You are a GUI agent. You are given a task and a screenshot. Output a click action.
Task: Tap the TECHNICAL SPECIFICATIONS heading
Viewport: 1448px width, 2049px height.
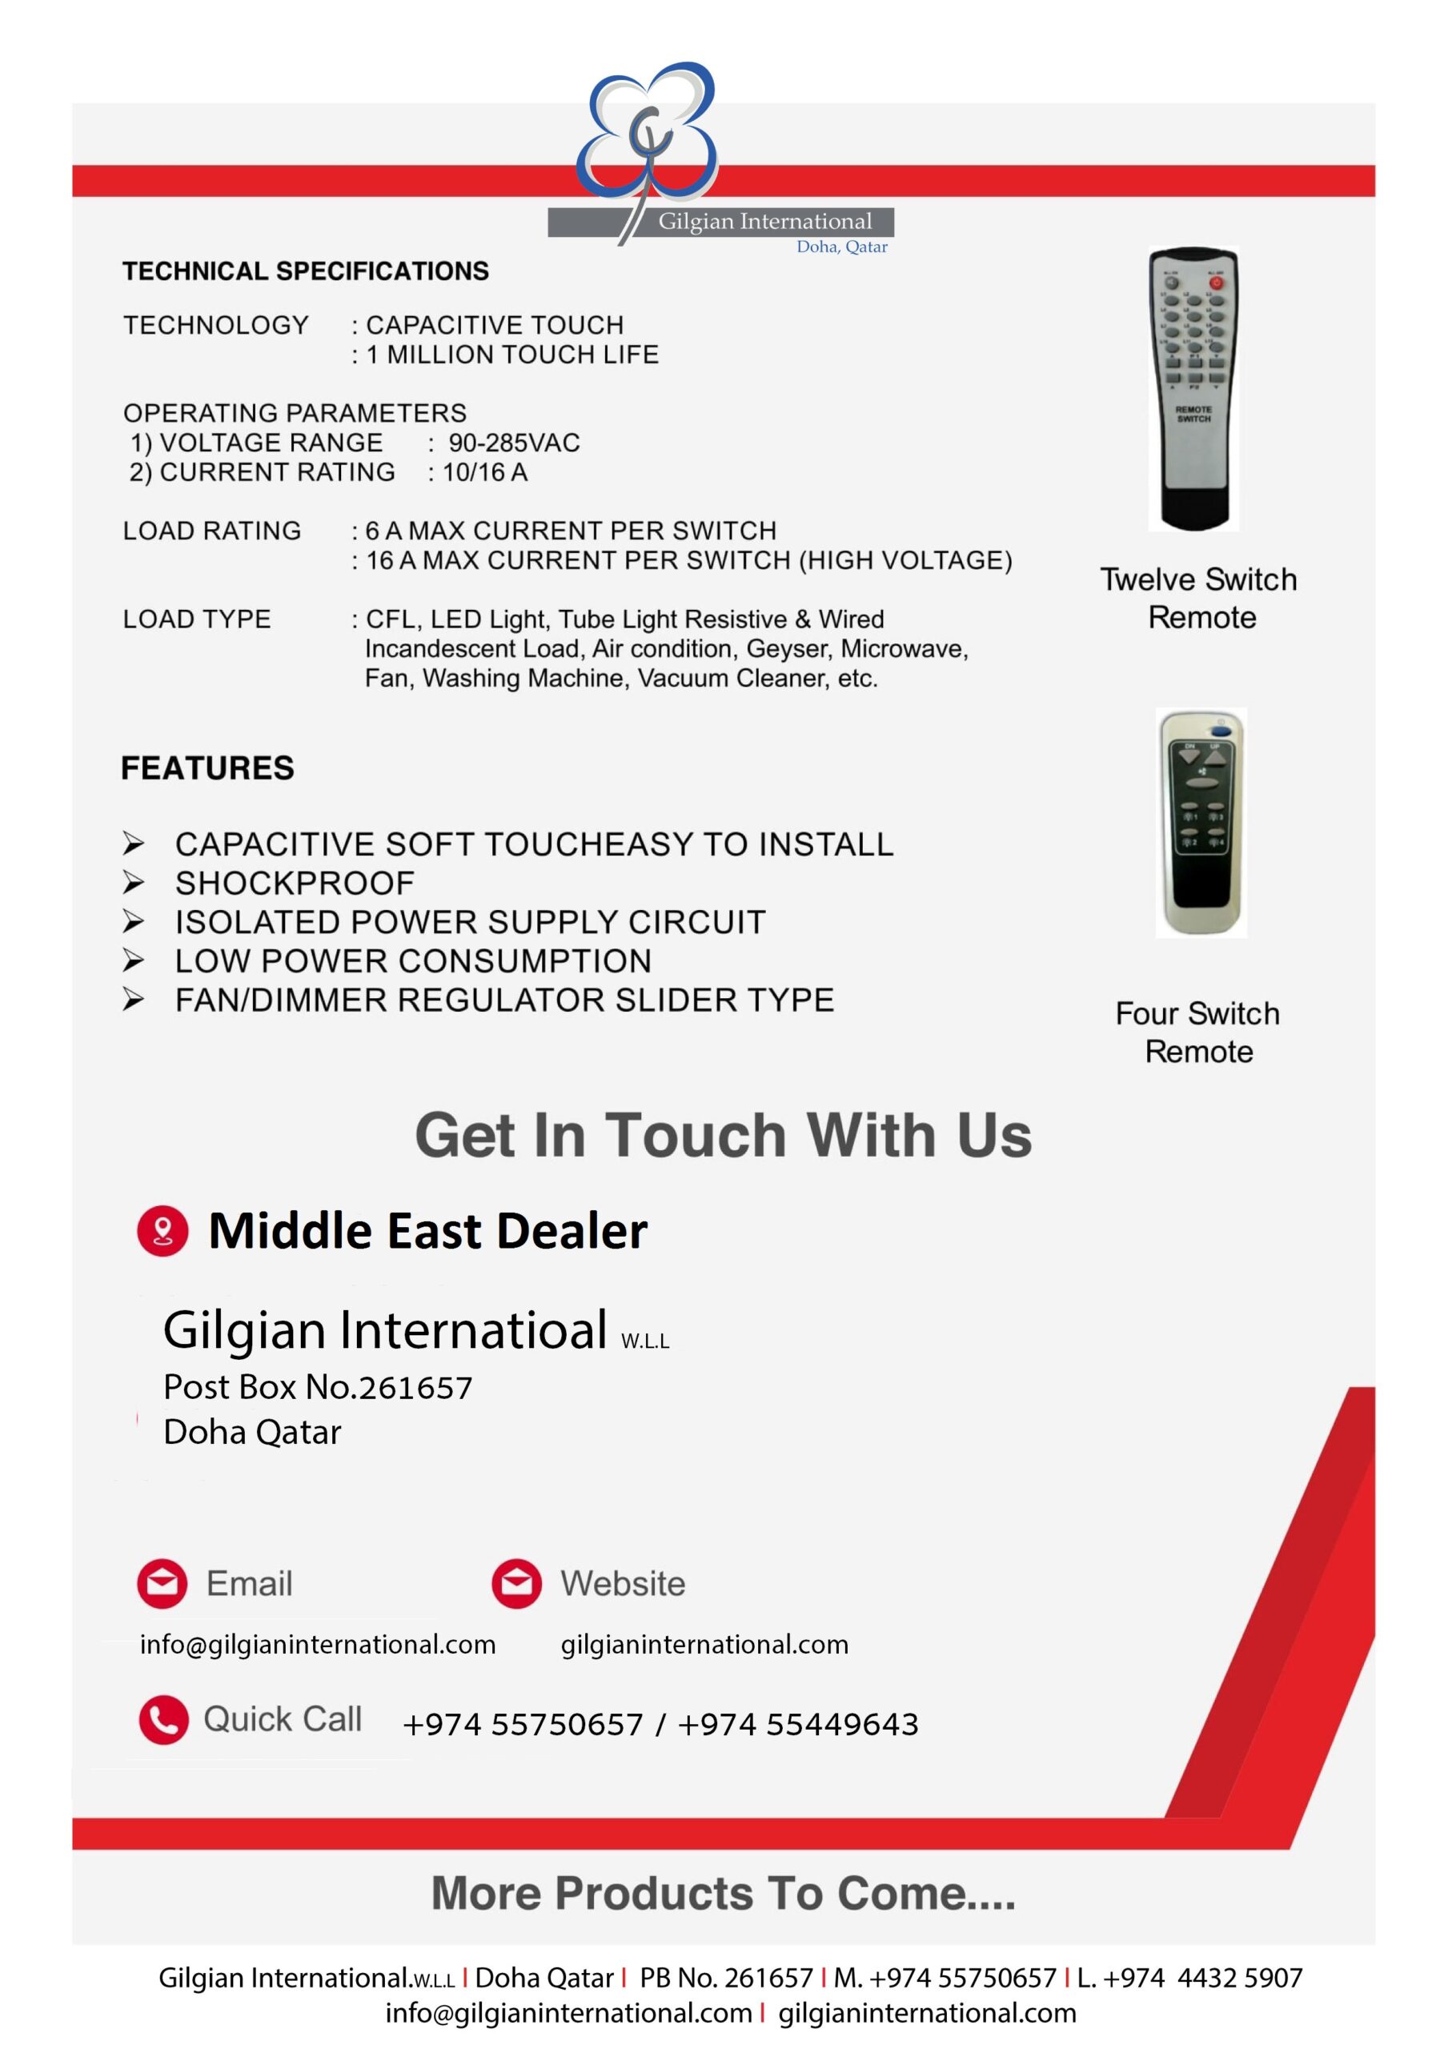point(305,271)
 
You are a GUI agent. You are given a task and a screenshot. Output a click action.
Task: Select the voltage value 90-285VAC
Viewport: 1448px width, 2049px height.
point(513,443)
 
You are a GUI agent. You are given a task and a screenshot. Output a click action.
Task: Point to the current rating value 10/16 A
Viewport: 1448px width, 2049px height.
point(485,472)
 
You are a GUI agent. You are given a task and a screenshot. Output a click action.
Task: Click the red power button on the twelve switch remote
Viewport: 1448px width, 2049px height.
point(1215,283)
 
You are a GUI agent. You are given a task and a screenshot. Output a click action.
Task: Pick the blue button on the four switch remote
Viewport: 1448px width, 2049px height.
point(1221,732)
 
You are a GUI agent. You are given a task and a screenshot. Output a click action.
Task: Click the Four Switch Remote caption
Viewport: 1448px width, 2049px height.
point(1198,1033)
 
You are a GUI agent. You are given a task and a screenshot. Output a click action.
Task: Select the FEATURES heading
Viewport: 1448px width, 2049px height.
point(207,768)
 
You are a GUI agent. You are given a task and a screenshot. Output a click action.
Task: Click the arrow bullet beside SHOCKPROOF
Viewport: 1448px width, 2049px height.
point(133,883)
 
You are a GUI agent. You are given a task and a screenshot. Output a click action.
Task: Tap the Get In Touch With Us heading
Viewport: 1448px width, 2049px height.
point(723,1135)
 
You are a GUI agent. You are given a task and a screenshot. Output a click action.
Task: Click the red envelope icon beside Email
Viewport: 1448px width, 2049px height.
point(162,1583)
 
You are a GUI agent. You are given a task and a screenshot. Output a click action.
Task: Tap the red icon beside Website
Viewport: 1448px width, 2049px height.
point(516,1583)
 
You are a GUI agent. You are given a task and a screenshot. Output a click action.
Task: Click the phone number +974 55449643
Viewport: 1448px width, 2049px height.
point(797,1724)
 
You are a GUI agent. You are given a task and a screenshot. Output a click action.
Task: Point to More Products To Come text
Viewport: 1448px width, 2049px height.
point(723,1893)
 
